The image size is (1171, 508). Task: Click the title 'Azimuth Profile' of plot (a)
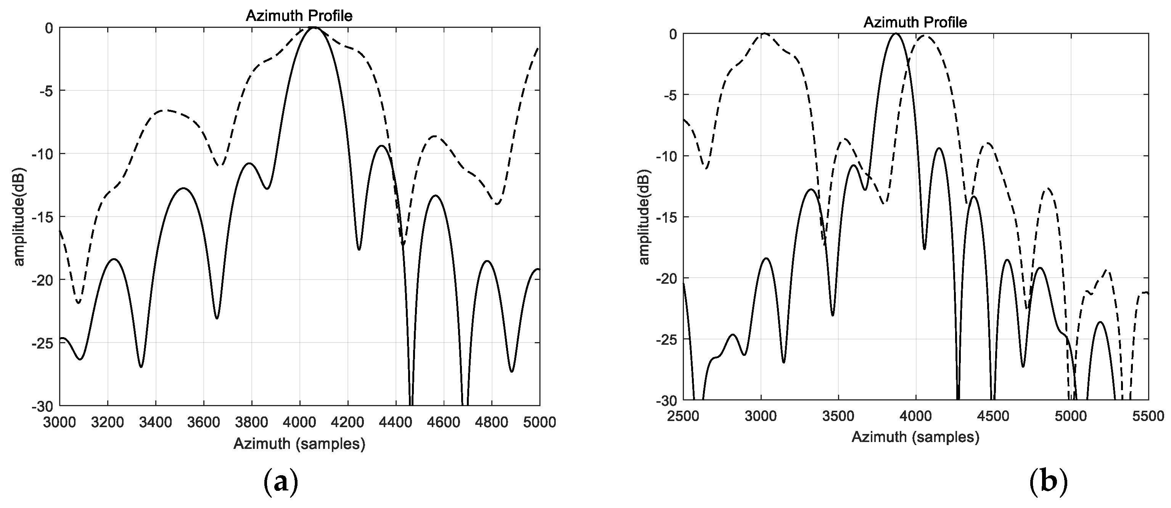(x=299, y=16)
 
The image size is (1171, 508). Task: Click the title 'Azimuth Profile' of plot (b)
(x=915, y=22)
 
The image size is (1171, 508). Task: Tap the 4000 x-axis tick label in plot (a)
(x=299, y=422)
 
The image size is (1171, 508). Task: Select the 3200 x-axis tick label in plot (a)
(x=108, y=422)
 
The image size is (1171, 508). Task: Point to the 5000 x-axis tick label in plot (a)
(x=539, y=422)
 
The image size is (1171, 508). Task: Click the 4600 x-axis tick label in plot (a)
(x=443, y=422)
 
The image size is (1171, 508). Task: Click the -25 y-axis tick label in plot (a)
(x=42, y=342)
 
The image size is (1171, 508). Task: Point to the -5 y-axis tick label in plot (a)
(x=47, y=91)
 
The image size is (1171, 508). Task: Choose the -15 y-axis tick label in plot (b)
(x=666, y=217)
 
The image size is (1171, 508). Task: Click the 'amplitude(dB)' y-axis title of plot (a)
(x=19, y=217)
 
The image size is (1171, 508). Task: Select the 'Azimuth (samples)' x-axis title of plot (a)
(x=299, y=444)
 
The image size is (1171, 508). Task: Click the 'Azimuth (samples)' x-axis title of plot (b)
(x=915, y=437)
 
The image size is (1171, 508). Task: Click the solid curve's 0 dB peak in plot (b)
(x=896, y=34)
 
